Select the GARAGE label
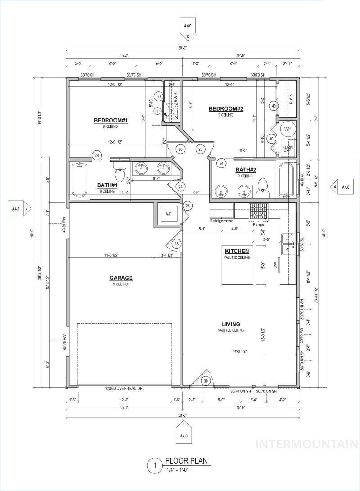(120, 278)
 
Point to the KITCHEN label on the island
(237, 251)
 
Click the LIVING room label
(230, 324)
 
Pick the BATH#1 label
(107, 185)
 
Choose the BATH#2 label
(246, 170)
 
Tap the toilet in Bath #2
(262, 189)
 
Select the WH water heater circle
(288, 129)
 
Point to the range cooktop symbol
(258, 211)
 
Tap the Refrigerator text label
(221, 221)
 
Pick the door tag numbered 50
(158, 96)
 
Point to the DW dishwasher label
(275, 266)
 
